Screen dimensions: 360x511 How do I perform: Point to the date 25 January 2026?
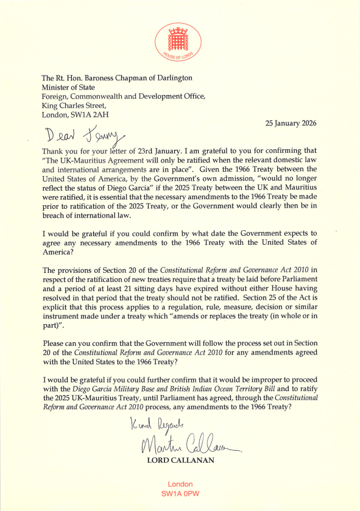point(292,123)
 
